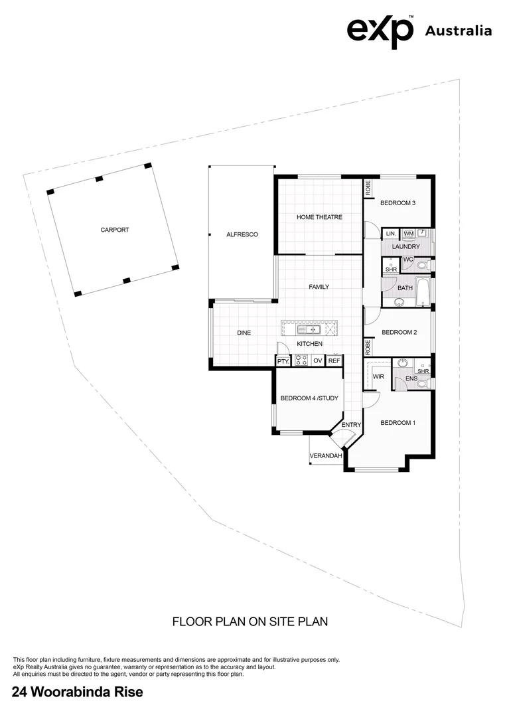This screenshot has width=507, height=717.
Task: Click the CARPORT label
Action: click(x=115, y=230)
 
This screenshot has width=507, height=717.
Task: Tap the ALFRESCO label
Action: click(x=242, y=235)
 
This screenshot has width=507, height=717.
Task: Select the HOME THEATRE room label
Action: click(x=319, y=217)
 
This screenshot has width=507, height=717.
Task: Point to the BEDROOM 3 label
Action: click(x=398, y=203)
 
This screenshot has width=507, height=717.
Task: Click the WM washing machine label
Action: click(x=408, y=234)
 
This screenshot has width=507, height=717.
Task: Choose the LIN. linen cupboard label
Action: click(x=390, y=234)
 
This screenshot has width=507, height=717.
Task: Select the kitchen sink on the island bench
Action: click(x=310, y=329)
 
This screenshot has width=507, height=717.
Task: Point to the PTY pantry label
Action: click(x=283, y=361)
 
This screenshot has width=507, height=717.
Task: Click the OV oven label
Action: click(x=318, y=361)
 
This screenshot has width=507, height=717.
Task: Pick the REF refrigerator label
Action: click(x=334, y=361)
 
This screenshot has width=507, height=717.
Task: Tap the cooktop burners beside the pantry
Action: click(x=301, y=361)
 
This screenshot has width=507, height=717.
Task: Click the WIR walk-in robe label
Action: click(x=379, y=376)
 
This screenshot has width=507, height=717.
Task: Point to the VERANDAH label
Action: click(x=325, y=456)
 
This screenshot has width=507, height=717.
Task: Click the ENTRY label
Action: click(x=351, y=425)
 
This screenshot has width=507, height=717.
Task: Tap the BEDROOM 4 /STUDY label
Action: click(x=309, y=398)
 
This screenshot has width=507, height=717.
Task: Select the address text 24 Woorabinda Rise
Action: click(x=78, y=693)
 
